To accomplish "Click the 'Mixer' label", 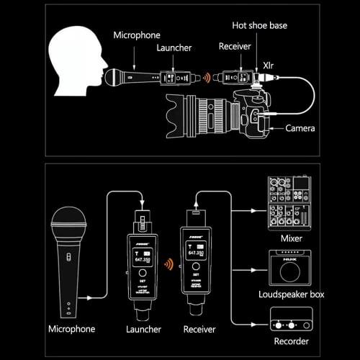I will coord(292,238).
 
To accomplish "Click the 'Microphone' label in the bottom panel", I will coord(71,329).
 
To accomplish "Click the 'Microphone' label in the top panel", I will coord(138,35).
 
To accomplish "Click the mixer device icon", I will coord(292,202).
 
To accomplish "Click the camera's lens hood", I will coord(179,114).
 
